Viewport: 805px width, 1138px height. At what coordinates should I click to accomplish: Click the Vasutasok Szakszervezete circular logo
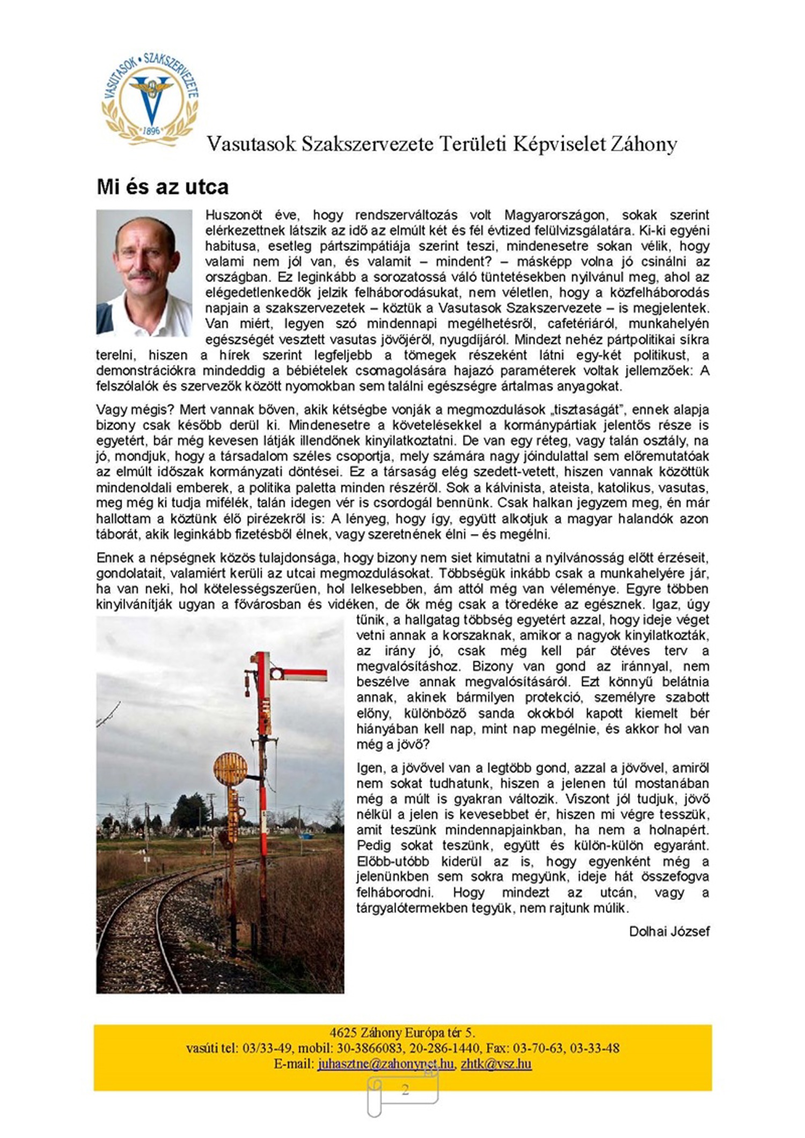(x=150, y=99)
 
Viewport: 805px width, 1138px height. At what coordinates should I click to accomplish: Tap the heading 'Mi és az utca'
(x=162, y=187)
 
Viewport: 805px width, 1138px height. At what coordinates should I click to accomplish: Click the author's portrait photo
(x=144, y=273)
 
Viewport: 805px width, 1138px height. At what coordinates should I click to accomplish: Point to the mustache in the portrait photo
(x=142, y=275)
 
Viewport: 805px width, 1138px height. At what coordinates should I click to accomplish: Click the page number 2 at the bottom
(x=405, y=1090)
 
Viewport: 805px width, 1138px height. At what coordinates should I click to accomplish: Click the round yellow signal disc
(x=230, y=768)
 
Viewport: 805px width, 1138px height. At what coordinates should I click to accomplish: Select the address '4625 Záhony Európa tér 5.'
(x=402, y=1033)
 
